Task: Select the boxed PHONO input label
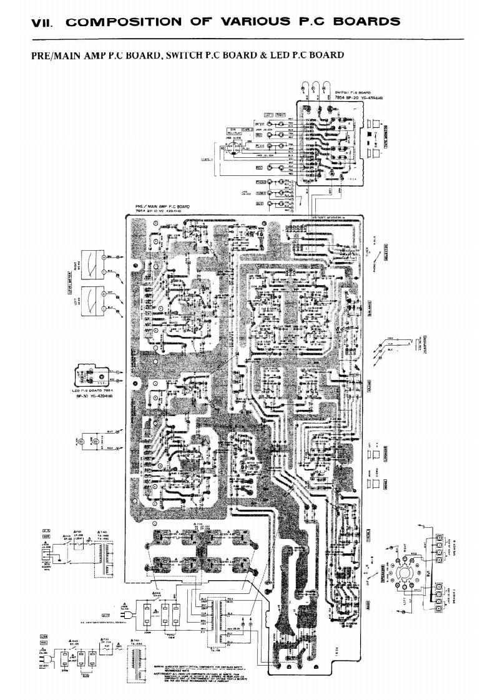point(262,182)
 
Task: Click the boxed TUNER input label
point(262,193)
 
